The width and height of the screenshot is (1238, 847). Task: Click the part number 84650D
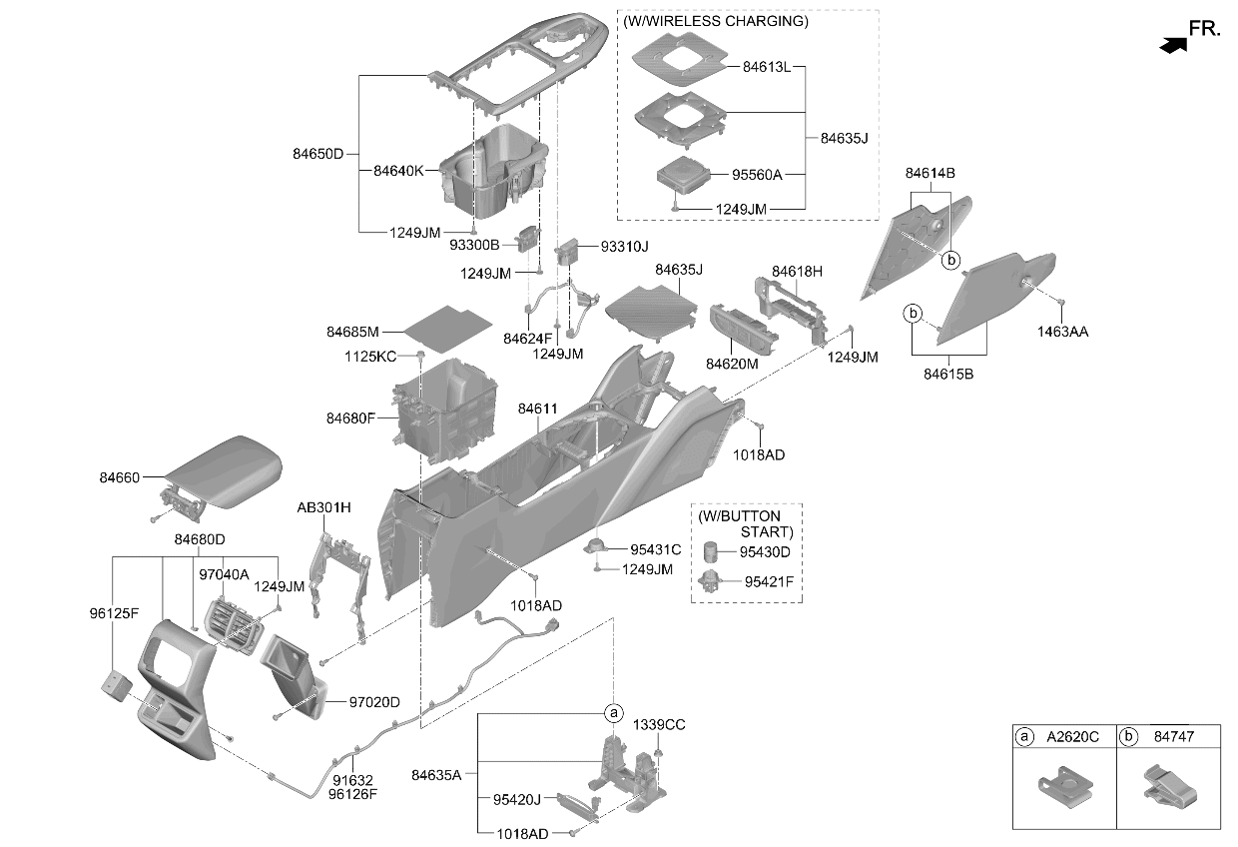pos(317,154)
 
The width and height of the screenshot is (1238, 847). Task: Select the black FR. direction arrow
pos(1173,45)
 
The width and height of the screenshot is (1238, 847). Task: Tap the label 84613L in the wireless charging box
pos(767,67)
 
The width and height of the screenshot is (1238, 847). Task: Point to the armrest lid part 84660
pos(224,471)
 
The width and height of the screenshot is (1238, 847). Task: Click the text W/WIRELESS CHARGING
pos(715,21)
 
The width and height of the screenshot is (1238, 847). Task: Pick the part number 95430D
pos(765,551)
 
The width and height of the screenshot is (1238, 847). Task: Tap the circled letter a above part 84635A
pos(613,713)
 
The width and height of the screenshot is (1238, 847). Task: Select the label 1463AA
pos(1062,332)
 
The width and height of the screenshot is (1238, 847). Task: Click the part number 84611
pos(537,409)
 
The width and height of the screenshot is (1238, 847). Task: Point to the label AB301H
pos(323,507)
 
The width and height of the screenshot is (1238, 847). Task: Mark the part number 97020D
pos(374,702)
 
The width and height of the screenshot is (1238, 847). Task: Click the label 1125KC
pos(370,357)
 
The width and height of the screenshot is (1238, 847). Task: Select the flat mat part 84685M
pos(447,329)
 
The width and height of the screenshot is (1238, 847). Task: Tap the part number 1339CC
pos(659,725)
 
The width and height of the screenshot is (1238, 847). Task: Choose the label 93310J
pos(625,247)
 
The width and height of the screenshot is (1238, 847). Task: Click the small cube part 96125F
pos(117,687)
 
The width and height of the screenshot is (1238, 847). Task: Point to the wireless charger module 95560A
pos(683,176)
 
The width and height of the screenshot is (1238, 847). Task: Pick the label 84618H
pos(797,272)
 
